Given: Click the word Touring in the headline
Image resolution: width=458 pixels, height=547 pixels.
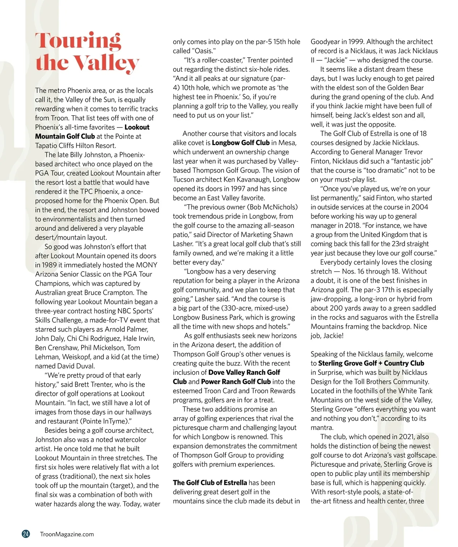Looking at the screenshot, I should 78,42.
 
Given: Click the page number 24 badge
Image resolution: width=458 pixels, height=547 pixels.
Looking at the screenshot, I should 26,534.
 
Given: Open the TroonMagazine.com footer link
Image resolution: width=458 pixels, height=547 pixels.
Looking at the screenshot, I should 67,534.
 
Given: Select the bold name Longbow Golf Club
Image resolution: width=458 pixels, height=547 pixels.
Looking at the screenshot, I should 240,143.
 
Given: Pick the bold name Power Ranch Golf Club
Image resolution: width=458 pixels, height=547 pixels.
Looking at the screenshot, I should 236,382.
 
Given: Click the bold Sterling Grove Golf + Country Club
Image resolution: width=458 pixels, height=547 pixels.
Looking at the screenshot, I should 371,363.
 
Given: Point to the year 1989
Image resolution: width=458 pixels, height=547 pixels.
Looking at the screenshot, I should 43,265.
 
